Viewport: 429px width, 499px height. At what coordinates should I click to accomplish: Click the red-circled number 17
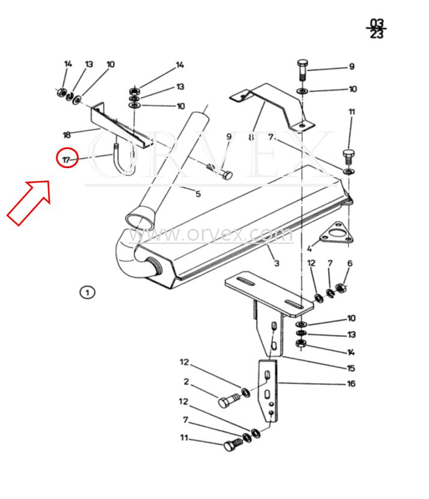[67, 159]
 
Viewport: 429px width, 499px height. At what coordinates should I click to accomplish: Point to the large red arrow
[29, 202]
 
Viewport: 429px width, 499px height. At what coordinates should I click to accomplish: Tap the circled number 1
[87, 292]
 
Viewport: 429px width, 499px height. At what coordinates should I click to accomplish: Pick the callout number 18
[67, 135]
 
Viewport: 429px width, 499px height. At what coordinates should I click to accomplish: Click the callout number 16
[351, 383]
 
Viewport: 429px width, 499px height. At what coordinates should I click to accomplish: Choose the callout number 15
[351, 368]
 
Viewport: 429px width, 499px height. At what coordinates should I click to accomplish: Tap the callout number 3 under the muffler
[276, 263]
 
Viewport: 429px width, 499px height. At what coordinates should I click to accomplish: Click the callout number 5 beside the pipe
[198, 193]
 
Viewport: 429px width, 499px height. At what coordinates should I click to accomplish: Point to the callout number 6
[350, 263]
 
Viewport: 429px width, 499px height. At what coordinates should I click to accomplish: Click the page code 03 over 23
[376, 28]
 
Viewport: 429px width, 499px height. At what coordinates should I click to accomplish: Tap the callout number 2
[186, 381]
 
